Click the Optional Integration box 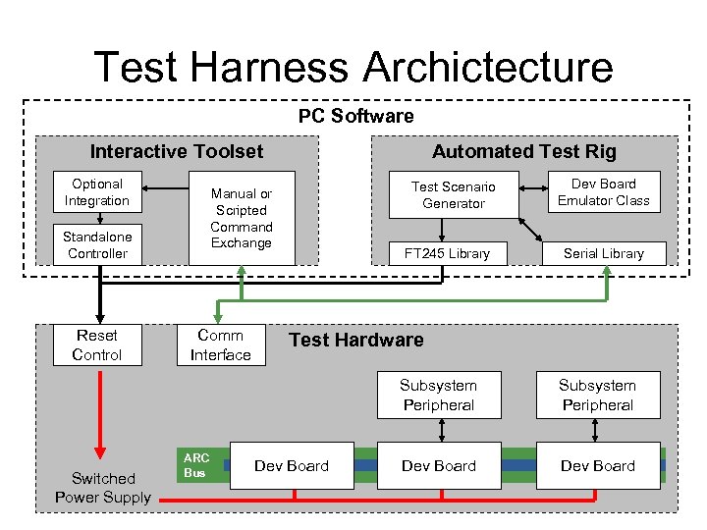(x=97, y=192)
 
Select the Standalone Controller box (x=97, y=245)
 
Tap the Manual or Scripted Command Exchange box (x=241, y=219)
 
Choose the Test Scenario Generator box (x=453, y=194)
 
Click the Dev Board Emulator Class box (x=603, y=192)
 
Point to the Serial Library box (x=603, y=253)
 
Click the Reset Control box (x=97, y=345)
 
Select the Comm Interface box (x=220, y=345)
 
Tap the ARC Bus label (x=196, y=465)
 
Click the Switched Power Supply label (x=103, y=488)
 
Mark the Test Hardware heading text (x=355, y=340)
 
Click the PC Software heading (x=355, y=116)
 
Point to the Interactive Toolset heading (x=177, y=151)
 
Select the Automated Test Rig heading (x=524, y=151)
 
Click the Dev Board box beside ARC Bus (x=291, y=465)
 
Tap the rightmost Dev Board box (x=597, y=465)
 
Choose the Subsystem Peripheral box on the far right (x=597, y=395)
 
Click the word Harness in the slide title (x=275, y=68)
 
